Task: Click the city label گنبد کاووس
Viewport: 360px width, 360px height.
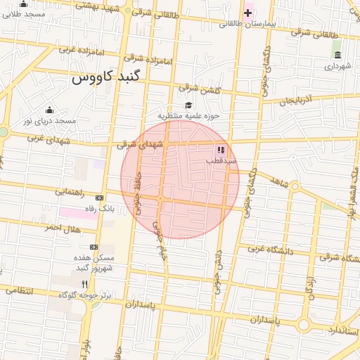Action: coord(107,77)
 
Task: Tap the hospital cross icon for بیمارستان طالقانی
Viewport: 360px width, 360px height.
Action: coord(248,13)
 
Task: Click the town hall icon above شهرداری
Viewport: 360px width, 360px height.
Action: coord(338,56)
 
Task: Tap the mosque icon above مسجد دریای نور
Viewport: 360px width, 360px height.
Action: coord(49,110)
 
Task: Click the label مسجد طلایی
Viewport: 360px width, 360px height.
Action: coord(25,13)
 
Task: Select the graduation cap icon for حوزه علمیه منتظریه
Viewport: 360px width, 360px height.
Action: coord(188,105)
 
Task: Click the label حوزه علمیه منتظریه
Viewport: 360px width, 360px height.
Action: coord(188,115)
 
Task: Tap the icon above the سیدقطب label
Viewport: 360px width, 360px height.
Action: coord(221,150)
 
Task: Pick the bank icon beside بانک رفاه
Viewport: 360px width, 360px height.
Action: coord(99,198)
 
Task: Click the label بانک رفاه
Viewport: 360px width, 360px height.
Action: coord(96,208)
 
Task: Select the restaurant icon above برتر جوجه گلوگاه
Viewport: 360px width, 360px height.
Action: coord(84,284)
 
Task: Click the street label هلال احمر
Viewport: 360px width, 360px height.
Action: coord(63,229)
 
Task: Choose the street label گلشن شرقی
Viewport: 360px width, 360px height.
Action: coord(199,89)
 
